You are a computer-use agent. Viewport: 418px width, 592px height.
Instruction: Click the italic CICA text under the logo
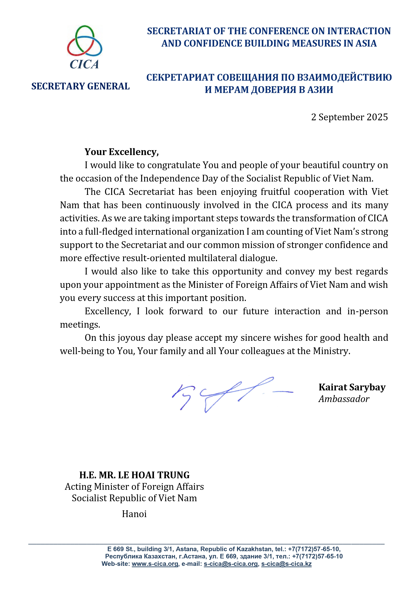[x=84, y=64]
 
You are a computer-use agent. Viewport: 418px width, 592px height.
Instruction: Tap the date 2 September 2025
[x=349, y=117]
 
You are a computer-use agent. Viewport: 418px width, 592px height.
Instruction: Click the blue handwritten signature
[x=227, y=394]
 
